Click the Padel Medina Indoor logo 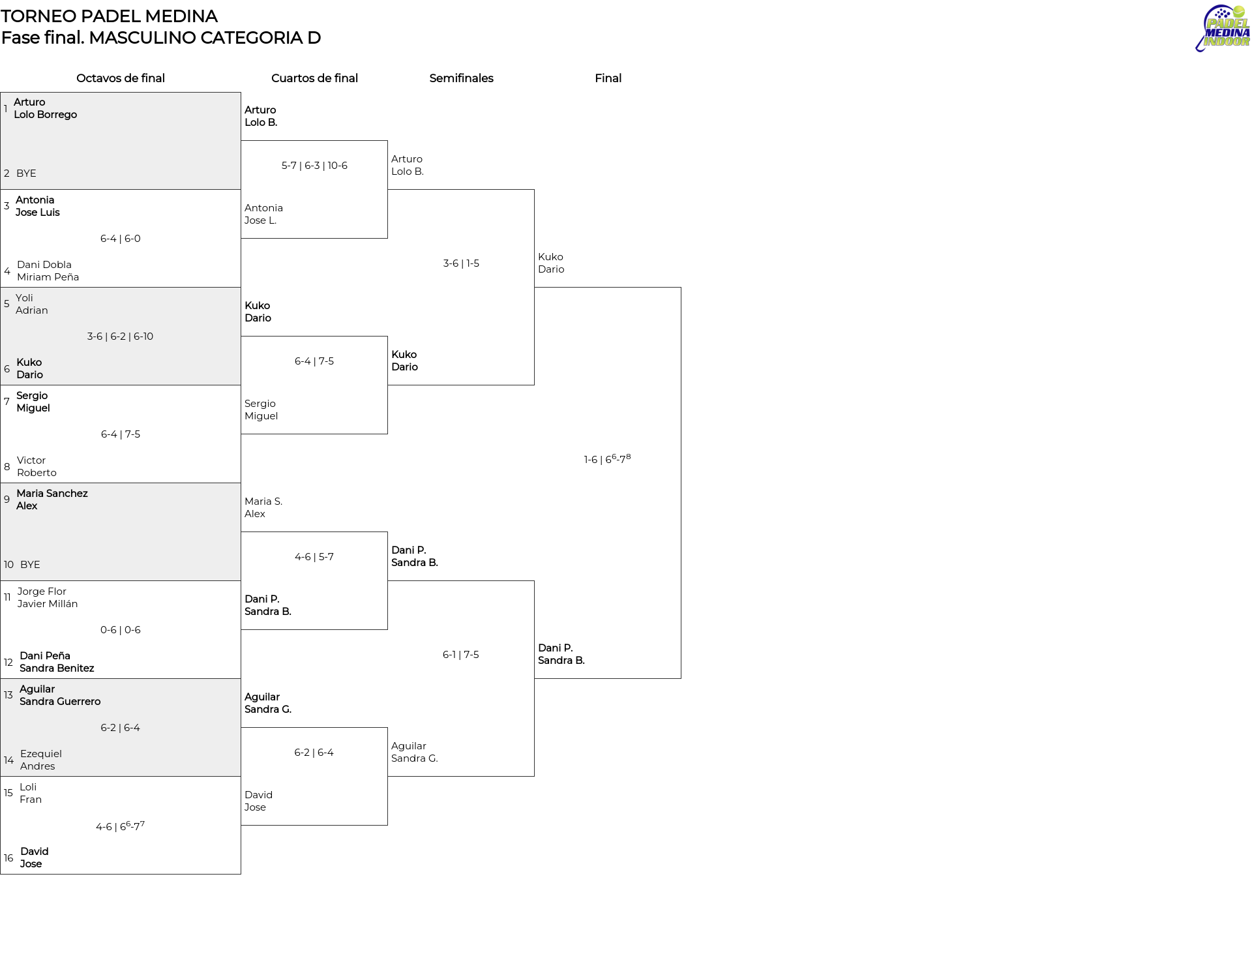coord(1223,28)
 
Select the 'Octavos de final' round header coord(121,78)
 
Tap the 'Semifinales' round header coord(461,78)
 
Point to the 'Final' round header coord(608,78)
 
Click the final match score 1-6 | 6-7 coord(607,458)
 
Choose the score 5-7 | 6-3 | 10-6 coord(314,166)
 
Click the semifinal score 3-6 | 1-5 coord(461,263)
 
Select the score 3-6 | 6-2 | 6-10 coord(120,337)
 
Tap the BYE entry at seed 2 coord(26,173)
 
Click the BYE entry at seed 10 coord(30,565)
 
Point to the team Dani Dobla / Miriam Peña coord(48,271)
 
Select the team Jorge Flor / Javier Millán coord(48,597)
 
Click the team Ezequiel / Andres coord(41,760)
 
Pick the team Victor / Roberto coord(37,466)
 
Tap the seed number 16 coord(8,858)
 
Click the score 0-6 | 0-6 coord(121,630)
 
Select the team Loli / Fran coord(31,793)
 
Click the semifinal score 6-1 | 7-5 coord(461,655)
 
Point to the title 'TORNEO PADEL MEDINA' coord(109,16)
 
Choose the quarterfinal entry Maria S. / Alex coord(263,507)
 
